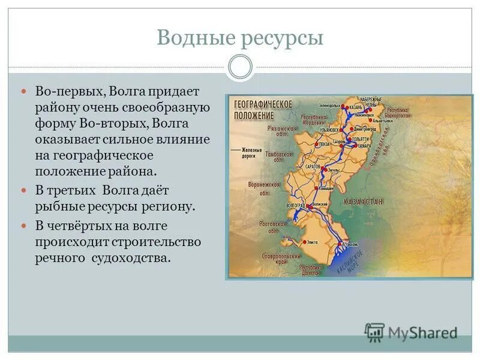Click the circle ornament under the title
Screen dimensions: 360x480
(x=241, y=67)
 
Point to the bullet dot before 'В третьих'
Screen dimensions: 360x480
(x=25, y=190)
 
